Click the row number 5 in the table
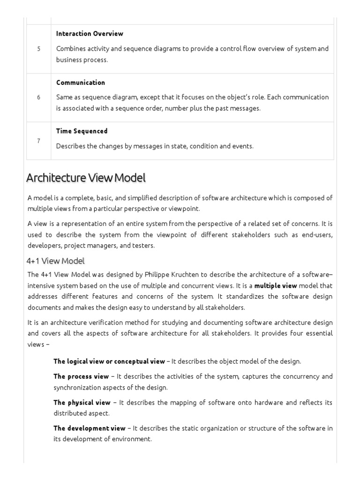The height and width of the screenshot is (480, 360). pyautogui.click(x=38, y=49)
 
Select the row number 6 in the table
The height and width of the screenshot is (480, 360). pyautogui.click(x=38, y=97)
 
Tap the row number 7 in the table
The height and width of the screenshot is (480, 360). pyautogui.click(x=38, y=141)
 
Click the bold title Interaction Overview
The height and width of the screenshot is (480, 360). pyautogui.click(x=90, y=34)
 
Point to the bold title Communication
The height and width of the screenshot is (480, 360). pyautogui.click(x=81, y=82)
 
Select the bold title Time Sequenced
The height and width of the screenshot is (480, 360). pyautogui.click(x=82, y=131)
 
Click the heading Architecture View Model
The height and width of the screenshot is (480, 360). pyautogui.click(x=86, y=178)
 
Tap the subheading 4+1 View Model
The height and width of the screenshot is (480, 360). pyautogui.click(x=56, y=261)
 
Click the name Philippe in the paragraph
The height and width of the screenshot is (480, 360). pyautogui.click(x=157, y=275)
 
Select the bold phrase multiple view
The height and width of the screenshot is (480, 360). pyautogui.click(x=276, y=285)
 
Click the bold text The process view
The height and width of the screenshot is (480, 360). pyautogui.click(x=81, y=376)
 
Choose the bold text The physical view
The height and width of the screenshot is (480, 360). pyautogui.click(x=82, y=403)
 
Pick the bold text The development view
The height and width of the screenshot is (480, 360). pyautogui.click(x=90, y=428)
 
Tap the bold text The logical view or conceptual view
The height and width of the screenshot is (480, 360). pyautogui.click(x=109, y=361)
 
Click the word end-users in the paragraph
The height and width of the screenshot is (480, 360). pyautogui.click(x=317, y=235)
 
